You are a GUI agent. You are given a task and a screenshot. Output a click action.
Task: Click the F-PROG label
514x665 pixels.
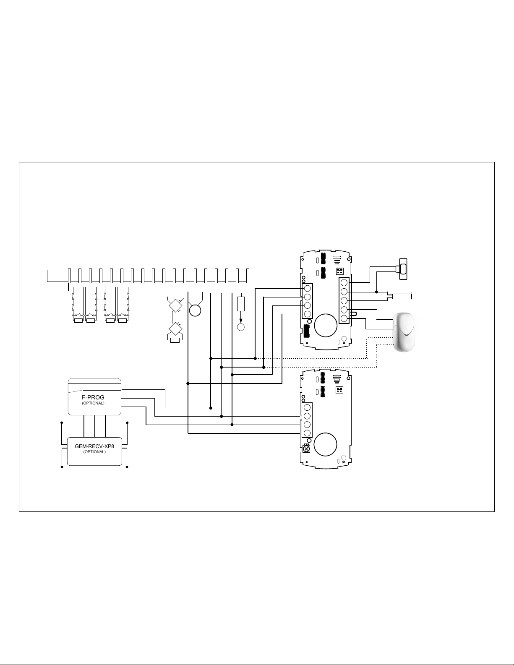click(x=93, y=397)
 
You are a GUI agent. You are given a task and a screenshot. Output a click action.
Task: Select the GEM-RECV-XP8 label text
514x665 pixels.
click(x=94, y=446)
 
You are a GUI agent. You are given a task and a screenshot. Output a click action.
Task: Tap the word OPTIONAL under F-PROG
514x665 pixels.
click(x=93, y=403)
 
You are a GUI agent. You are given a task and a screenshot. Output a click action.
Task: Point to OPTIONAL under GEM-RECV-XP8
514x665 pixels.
click(x=94, y=452)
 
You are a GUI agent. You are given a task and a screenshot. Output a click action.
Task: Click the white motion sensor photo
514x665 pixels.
click(x=404, y=332)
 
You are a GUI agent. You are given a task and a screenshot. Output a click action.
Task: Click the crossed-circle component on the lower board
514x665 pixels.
click(x=306, y=449)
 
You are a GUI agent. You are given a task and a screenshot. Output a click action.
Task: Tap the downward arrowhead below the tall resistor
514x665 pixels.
click(x=241, y=321)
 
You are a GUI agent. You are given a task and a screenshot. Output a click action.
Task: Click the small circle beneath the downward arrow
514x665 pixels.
click(x=241, y=327)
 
